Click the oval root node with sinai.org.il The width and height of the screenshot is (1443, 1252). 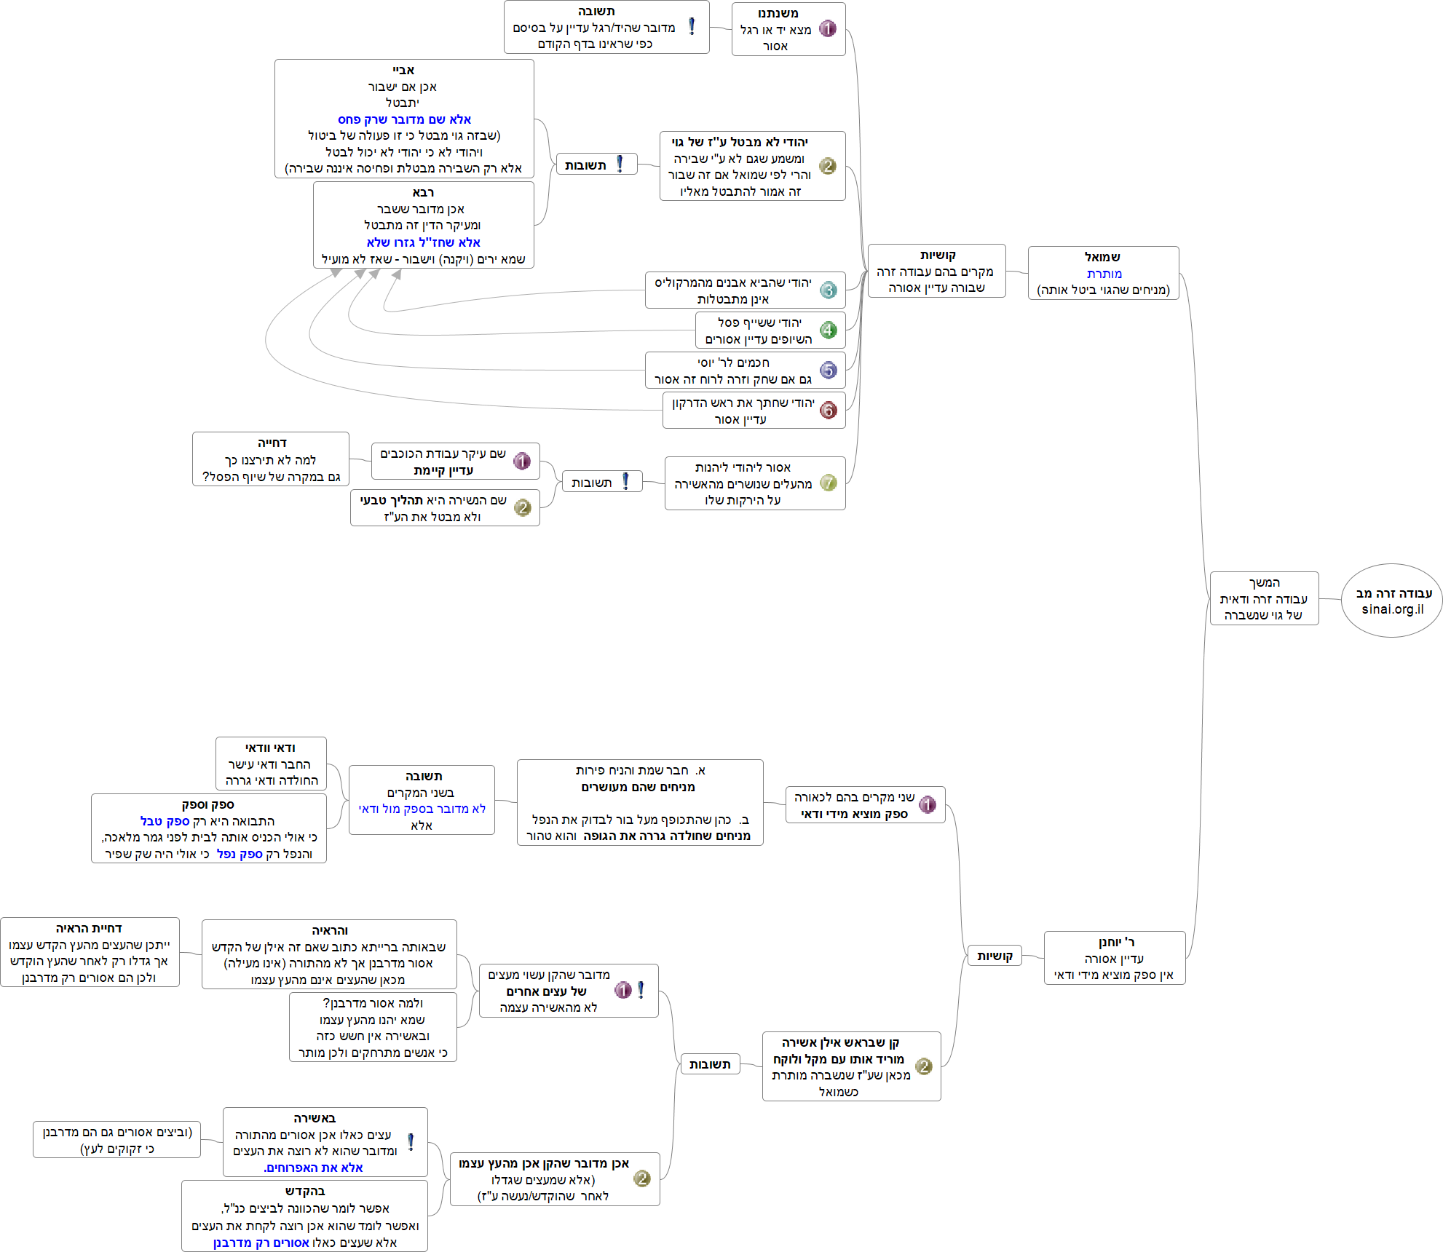click(1391, 601)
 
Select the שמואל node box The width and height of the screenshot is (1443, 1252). click(1103, 273)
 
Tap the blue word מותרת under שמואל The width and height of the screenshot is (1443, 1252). click(1104, 274)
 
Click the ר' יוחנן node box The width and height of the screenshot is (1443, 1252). click(1114, 958)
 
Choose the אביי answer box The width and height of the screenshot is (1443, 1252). click(404, 119)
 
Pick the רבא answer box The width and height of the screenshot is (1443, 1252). click(423, 225)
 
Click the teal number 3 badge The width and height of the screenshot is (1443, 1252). click(828, 290)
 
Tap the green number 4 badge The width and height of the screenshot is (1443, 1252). click(828, 330)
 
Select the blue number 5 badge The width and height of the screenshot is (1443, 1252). click(828, 371)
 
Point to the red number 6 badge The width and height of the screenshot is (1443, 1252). click(828, 411)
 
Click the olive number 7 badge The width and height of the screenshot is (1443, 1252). click(828, 483)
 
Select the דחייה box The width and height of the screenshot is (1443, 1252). click(271, 459)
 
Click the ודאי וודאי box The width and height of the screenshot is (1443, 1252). click(271, 764)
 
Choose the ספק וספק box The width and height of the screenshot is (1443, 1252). click(208, 828)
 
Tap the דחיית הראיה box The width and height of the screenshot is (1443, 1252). click(90, 952)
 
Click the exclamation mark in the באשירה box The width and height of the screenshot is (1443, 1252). click(411, 1142)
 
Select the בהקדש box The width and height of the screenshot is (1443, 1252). click(304, 1216)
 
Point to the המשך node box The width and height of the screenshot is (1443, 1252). click(1264, 598)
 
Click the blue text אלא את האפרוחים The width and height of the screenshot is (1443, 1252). click(313, 1168)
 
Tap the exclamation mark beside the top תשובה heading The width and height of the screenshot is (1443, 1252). click(692, 27)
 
